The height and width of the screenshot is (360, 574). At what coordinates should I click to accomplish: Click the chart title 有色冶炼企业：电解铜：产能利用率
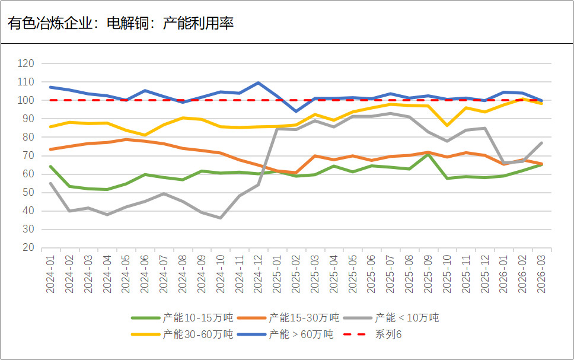coord(121,23)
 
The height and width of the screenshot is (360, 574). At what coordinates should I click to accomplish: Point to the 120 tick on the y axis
coord(26,63)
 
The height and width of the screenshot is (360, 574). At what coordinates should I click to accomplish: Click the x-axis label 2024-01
coord(50,273)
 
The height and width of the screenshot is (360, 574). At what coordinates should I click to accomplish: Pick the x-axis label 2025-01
coord(277,273)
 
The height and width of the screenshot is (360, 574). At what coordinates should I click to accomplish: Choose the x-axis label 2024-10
coord(221,273)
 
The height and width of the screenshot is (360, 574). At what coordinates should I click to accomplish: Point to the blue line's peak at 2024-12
coord(258,82)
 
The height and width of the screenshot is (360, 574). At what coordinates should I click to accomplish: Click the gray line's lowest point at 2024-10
coord(221,218)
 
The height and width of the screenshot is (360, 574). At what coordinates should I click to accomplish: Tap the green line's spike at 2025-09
coord(428,154)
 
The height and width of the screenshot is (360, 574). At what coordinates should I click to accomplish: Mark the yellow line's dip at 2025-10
coord(447,125)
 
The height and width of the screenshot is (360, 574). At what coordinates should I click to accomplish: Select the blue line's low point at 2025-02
coord(296,111)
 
